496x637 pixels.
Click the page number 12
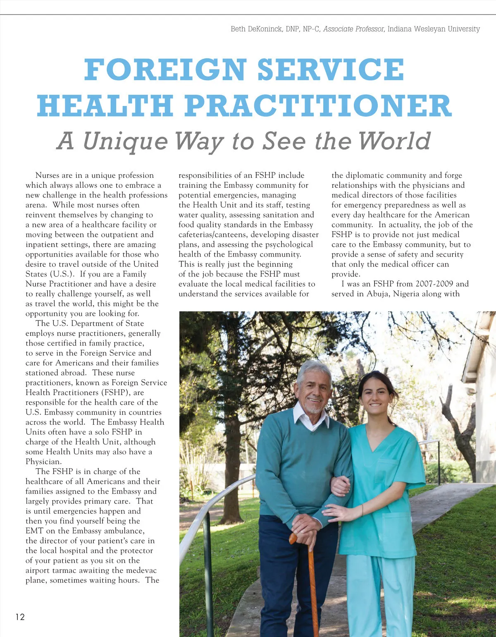(x=20, y=617)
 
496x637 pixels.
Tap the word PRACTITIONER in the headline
(x=318, y=106)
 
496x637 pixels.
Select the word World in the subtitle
(x=395, y=141)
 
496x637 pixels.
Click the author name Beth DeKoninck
(x=256, y=29)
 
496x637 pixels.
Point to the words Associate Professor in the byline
(x=354, y=29)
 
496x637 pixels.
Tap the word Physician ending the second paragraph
(x=43, y=462)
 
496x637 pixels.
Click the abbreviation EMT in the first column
(x=34, y=531)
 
